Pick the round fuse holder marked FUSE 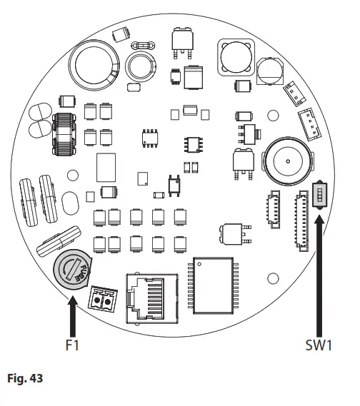click(72, 271)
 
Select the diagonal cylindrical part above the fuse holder click(61, 240)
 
